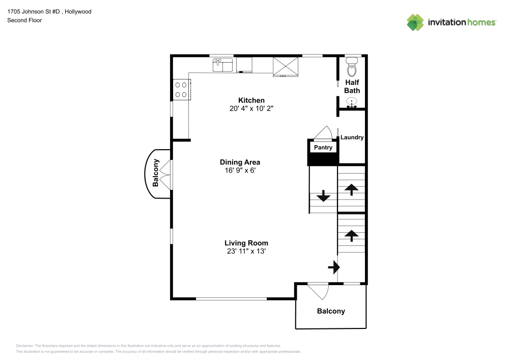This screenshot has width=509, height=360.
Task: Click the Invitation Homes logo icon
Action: (x=415, y=22)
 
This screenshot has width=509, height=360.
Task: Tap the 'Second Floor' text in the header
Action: (x=24, y=20)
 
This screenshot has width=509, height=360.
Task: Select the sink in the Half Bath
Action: (x=352, y=103)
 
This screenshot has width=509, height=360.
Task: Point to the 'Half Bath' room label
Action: (x=352, y=86)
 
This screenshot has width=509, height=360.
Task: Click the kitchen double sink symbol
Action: (x=222, y=65)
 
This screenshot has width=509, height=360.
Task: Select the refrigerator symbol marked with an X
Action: (x=286, y=66)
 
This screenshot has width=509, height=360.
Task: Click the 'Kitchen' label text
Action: (x=251, y=100)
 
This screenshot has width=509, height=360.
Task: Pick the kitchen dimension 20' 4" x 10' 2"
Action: (x=251, y=108)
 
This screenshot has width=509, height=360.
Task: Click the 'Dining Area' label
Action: (x=240, y=162)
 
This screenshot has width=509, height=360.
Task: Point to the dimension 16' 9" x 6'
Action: (x=240, y=171)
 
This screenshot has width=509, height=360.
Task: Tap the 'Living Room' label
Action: (x=246, y=243)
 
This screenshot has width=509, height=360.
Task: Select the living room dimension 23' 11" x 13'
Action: (x=246, y=251)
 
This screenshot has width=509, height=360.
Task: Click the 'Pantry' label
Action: (x=323, y=148)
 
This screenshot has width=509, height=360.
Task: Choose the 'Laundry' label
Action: (x=352, y=137)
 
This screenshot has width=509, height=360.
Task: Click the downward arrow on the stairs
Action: (x=323, y=196)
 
